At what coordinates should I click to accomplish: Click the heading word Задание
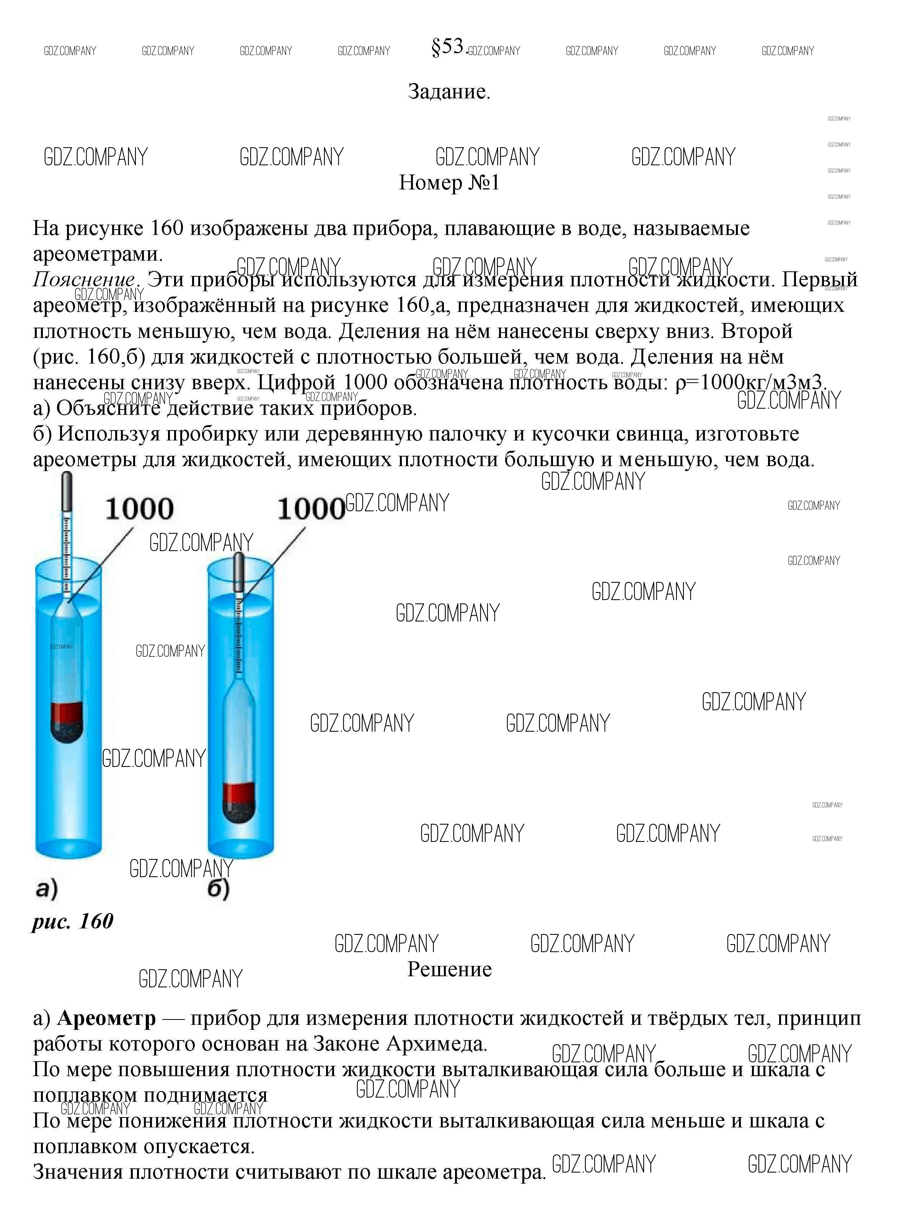[x=449, y=91]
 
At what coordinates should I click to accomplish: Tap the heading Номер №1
[x=449, y=183]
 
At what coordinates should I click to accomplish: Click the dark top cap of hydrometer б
[x=238, y=573]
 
